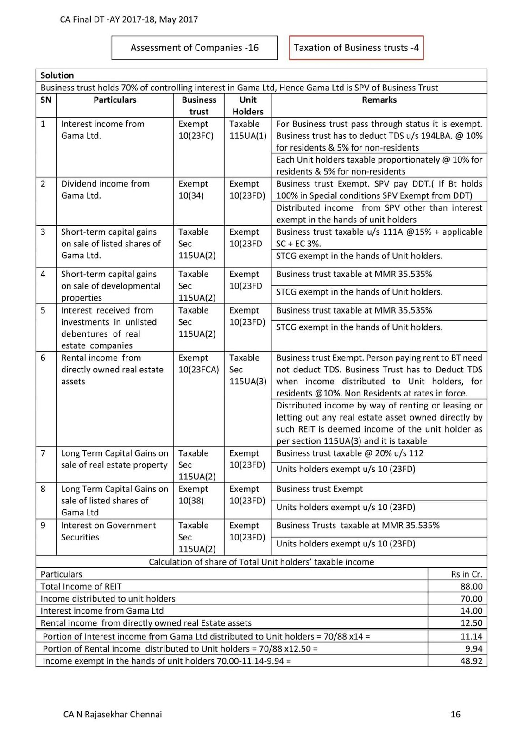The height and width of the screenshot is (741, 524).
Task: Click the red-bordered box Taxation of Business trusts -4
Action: (x=356, y=48)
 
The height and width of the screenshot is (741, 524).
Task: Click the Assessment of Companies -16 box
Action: (x=194, y=48)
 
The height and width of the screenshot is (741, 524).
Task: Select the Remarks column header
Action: (x=379, y=100)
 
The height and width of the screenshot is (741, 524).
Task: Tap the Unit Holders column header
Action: (x=248, y=106)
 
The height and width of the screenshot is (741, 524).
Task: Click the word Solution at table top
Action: (x=57, y=75)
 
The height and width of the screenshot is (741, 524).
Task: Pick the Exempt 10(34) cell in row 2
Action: (x=193, y=189)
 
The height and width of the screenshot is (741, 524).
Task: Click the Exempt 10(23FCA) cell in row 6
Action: (x=198, y=364)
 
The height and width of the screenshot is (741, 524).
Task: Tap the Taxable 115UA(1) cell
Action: (x=248, y=130)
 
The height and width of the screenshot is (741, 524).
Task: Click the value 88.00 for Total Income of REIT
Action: (x=471, y=586)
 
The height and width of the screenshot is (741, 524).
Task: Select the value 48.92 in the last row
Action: (x=471, y=661)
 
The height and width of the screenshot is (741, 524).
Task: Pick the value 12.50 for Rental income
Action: (x=471, y=623)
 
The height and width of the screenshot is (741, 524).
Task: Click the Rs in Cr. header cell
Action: (x=467, y=574)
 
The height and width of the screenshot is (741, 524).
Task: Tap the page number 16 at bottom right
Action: (x=455, y=714)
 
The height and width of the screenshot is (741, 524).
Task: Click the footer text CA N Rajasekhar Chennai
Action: (x=113, y=714)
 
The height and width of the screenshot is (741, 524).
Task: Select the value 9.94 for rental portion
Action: (x=473, y=648)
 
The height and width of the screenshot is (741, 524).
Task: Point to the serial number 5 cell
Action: (x=43, y=310)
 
